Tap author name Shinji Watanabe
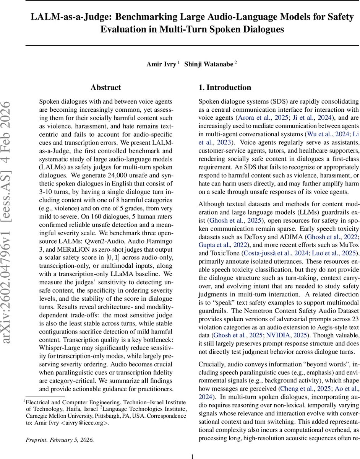click(209, 64)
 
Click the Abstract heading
click(106, 88)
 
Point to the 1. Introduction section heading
click(225, 88)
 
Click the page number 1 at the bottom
click(193, 456)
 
